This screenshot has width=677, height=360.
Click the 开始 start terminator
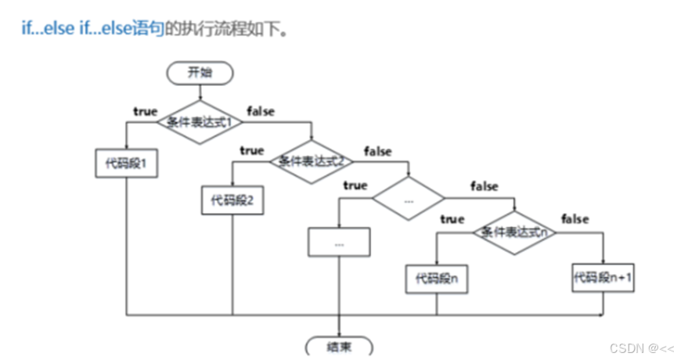coord(200,73)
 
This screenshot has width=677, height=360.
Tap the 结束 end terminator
coord(339,347)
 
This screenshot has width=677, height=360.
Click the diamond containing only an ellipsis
coord(408,199)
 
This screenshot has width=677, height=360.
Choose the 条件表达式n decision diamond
coord(514,232)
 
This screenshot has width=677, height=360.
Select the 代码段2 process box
coord(232,200)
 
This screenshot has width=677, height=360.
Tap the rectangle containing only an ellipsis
coord(339,242)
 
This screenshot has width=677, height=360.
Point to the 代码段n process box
coord(437,279)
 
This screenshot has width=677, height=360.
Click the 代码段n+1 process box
coord(603,278)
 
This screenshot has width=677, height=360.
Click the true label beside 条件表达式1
coord(145,111)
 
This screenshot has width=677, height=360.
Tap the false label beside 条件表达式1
coord(261,111)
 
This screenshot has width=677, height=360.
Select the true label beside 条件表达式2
coord(252,149)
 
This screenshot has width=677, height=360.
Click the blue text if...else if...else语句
coord(93,30)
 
